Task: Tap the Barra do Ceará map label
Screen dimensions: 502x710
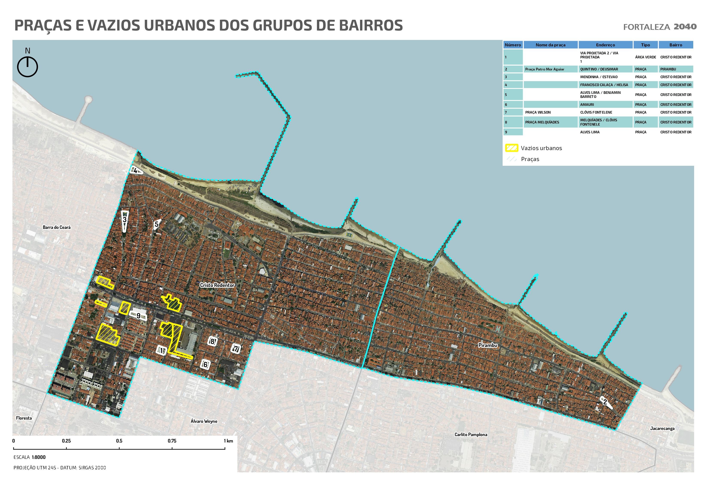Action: click(57, 227)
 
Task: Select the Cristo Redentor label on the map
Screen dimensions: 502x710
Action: click(217, 285)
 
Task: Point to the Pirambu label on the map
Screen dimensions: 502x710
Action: click(488, 345)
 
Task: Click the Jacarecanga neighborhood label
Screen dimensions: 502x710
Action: click(662, 428)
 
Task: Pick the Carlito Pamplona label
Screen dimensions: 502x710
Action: click(471, 435)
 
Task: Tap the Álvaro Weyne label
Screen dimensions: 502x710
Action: click(204, 421)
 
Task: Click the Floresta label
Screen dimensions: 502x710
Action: click(24, 418)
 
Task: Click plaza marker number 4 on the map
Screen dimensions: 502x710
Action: click(135, 171)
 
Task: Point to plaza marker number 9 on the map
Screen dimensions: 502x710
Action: click(138, 316)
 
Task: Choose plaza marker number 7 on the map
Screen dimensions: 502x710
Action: click(236, 349)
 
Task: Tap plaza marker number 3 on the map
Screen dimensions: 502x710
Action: click(124, 220)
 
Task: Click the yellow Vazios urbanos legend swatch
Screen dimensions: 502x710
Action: click(511, 148)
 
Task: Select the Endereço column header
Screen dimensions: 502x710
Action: click(605, 45)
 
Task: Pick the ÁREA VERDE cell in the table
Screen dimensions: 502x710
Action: click(645, 57)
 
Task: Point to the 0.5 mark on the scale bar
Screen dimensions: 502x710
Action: click(119, 441)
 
